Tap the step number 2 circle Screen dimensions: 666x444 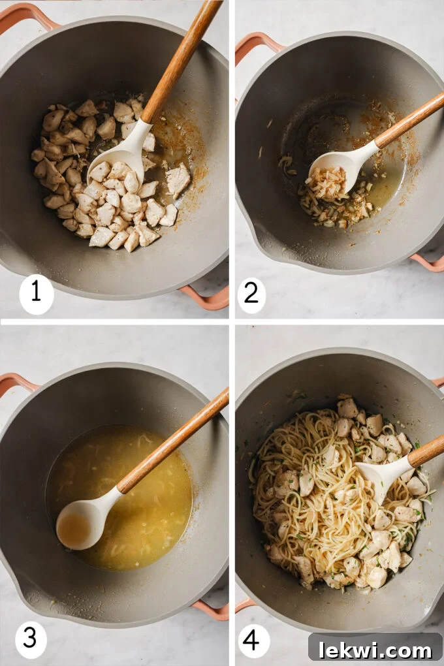click(251, 294)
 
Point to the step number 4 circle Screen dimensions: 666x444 click(254, 640)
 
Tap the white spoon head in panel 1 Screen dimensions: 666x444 click(121, 157)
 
